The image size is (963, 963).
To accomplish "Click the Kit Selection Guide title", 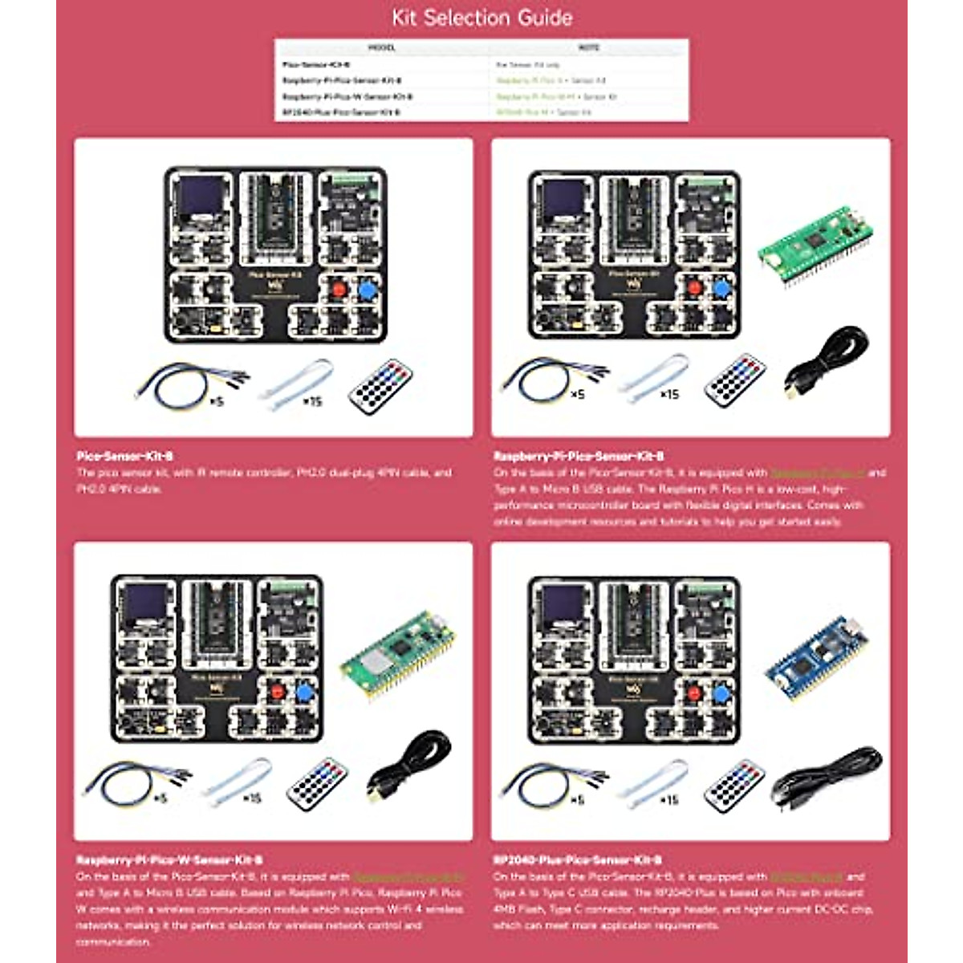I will (x=481, y=18).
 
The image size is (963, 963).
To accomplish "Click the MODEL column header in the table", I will (x=381, y=48).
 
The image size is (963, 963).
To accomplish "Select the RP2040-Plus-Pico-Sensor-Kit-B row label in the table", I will (x=340, y=112).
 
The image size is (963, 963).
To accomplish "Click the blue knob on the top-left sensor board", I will (x=368, y=291).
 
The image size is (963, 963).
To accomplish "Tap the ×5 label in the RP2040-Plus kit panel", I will (x=576, y=800).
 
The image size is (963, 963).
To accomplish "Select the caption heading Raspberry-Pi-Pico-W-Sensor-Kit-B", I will (x=169, y=859).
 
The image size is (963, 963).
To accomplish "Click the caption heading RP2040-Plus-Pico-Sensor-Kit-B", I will (x=578, y=859).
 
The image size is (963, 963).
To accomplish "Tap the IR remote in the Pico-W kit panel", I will (x=318, y=783).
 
